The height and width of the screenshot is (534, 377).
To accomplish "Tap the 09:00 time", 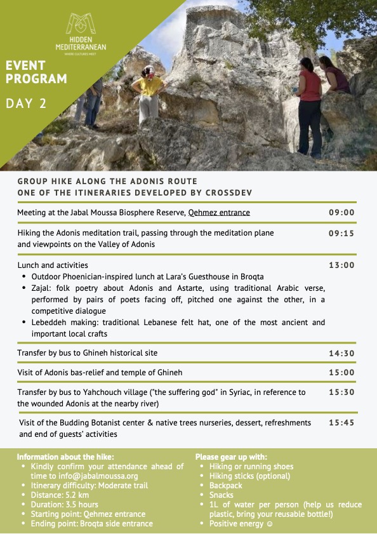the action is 341,213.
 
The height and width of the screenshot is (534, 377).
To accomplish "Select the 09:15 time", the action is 341,233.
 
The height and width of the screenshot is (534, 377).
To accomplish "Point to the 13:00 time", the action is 341,265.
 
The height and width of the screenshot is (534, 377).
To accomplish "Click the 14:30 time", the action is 341,352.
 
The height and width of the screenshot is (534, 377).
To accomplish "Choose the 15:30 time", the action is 341,392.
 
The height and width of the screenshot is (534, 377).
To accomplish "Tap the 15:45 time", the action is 341,422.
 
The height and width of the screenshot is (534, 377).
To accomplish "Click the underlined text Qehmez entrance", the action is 219,213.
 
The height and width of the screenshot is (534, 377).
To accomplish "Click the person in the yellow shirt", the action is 150,92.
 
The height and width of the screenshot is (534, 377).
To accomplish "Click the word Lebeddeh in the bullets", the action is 51,323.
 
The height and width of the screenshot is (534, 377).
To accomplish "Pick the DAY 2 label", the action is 26,103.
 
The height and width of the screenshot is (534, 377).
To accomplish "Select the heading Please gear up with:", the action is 231,457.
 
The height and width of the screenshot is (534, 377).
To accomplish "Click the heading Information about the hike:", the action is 65,457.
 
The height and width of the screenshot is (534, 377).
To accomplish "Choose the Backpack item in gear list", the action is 226,485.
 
